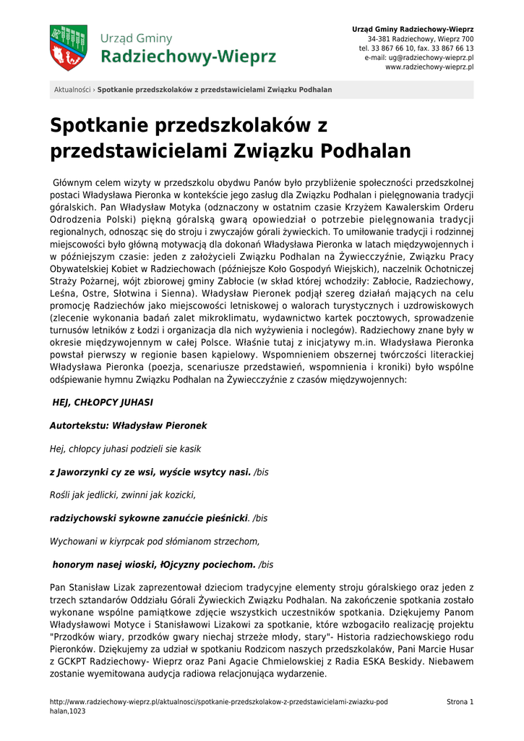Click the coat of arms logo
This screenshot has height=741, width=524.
69,48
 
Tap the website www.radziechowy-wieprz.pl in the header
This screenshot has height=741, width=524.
429,67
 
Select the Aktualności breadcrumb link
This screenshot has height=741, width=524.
72,90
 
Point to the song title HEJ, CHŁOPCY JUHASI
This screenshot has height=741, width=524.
103,402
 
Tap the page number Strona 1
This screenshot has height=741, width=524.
460,702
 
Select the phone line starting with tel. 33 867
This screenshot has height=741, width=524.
416,48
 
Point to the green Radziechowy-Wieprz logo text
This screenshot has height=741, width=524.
188,56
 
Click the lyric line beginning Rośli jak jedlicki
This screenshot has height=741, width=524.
123,495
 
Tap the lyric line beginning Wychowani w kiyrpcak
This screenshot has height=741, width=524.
155,541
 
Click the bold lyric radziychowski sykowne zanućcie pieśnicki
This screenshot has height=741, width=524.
149,518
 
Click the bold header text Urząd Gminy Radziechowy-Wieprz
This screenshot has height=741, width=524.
413,29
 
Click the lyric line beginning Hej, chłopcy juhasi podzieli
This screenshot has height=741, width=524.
125,449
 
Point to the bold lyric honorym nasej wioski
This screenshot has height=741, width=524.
154,564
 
